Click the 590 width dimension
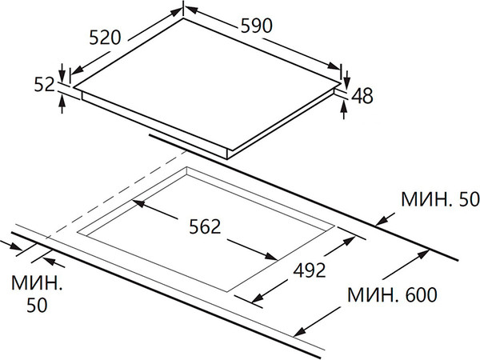coord(257,26)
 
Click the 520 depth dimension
coord(105,38)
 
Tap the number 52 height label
coord(44,85)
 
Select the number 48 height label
coord(362,96)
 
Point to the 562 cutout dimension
coord(205,227)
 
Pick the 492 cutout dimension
coord(310,270)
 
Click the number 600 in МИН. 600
coord(422,294)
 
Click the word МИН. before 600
coord(373,294)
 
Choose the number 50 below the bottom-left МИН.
coord(37,305)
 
